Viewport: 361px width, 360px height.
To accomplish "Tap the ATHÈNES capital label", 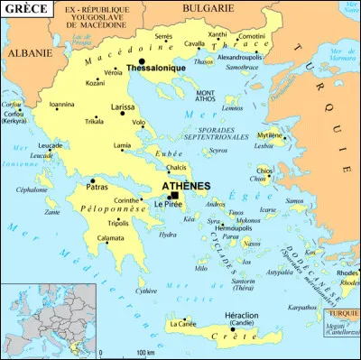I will (x=186, y=186).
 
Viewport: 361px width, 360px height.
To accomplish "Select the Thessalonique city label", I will (x=156, y=68).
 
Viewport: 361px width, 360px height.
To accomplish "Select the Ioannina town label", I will (x=62, y=104).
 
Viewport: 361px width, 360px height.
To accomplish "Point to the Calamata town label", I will (x=110, y=238).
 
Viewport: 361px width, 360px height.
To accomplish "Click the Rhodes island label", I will (x=347, y=273).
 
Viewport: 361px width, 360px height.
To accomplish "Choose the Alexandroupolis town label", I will (x=237, y=56).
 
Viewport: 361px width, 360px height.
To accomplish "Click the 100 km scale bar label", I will (x=142, y=353).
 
